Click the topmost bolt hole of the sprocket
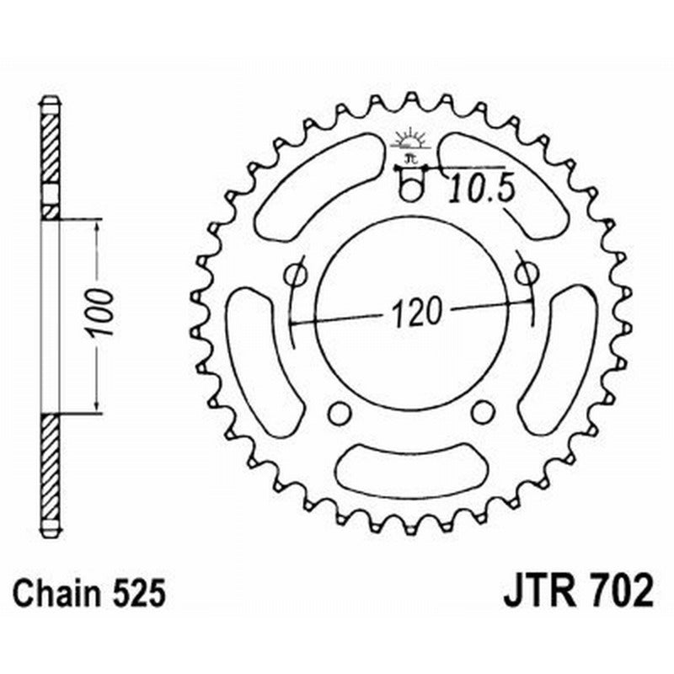[x=410, y=190]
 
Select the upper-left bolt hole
[x=296, y=274]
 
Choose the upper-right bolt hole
[x=527, y=273]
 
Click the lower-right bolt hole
[x=482, y=411]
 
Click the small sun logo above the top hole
[x=410, y=140]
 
